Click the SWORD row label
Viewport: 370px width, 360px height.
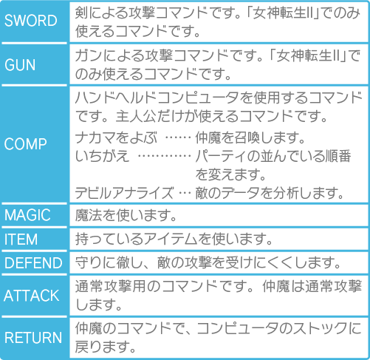click(x=31, y=21)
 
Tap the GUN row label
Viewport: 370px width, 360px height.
click(x=20, y=65)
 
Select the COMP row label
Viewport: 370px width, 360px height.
click(x=25, y=144)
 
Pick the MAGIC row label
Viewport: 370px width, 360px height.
click(x=27, y=215)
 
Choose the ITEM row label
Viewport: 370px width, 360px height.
click(x=21, y=240)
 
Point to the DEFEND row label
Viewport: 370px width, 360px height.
click(x=33, y=263)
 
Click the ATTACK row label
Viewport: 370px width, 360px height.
click(x=32, y=296)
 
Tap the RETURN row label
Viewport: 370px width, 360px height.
click(x=33, y=338)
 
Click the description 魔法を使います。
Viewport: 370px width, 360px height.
click(x=126, y=215)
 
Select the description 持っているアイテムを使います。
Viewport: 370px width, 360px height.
click(x=174, y=240)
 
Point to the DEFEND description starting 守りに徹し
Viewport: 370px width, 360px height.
click(x=208, y=263)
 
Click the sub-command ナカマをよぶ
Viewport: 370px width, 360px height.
click(x=116, y=137)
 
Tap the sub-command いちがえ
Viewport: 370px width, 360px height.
click(x=102, y=156)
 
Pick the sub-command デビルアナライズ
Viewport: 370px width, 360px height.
click(x=124, y=193)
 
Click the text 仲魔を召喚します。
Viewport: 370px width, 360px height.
click(x=250, y=137)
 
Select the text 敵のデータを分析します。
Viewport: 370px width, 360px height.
click(x=270, y=193)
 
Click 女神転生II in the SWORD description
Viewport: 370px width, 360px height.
click(x=284, y=13)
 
